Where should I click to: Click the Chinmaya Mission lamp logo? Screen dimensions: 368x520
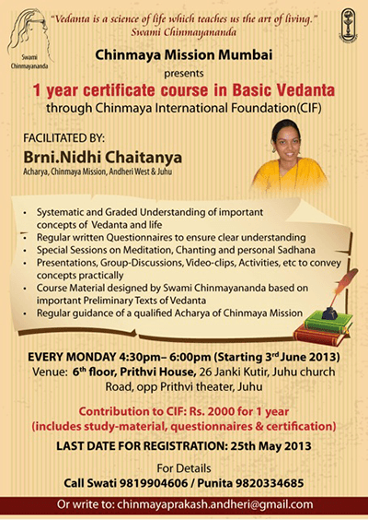[x=348, y=26]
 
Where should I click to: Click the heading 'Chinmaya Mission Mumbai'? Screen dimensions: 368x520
[x=184, y=55]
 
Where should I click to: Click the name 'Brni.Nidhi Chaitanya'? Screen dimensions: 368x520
[x=103, y=157]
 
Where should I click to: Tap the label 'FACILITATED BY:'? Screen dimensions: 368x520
[x=63, y=138]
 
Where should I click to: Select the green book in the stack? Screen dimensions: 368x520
[x=328, y=321]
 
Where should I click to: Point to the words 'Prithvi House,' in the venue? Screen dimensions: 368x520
[x=158, y=372]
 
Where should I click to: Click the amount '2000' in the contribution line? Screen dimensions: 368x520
[x=221, y=411]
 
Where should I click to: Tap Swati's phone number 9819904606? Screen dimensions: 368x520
[x=154, y=483]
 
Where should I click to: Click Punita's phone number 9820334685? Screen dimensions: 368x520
[x=270, y=483]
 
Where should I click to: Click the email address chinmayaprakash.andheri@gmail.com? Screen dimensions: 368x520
[x=215, y=504]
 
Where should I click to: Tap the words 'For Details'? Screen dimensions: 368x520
[x=184, y=468]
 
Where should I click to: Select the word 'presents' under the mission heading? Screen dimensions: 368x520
[x=184, y=73]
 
